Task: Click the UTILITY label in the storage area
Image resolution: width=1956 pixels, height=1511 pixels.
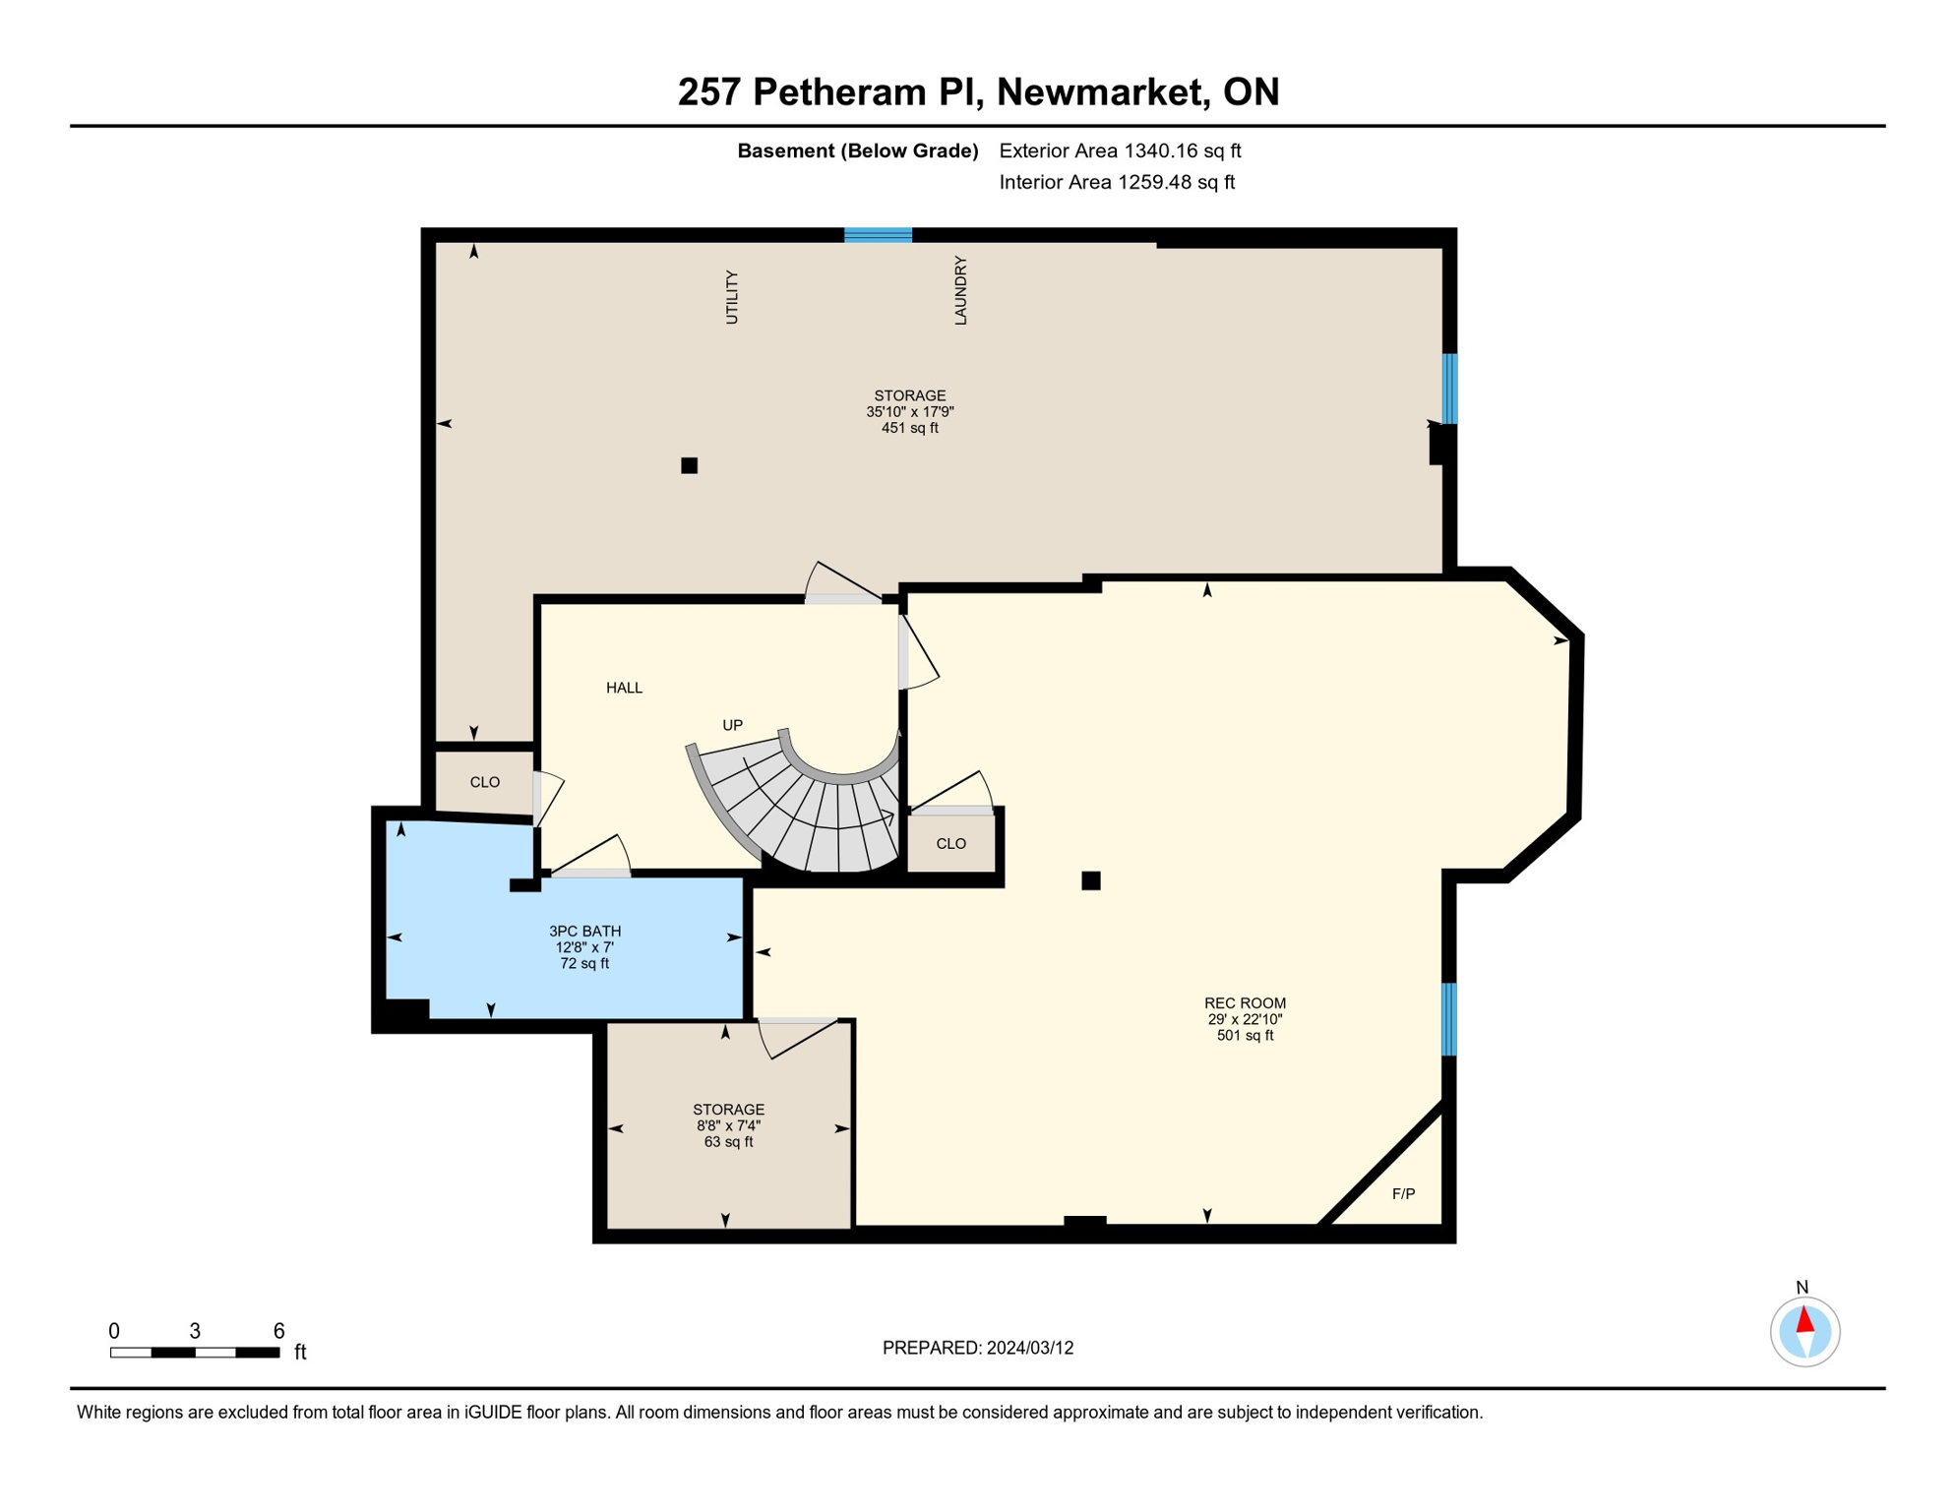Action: pyautogui.click(x=732, y=297)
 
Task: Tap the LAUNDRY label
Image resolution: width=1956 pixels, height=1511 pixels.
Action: pyautogui.click(x=961, y=290)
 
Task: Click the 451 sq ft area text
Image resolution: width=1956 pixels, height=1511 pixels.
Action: pyautogui.click(x=909, y=428)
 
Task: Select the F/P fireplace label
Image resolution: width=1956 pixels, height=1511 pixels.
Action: pyautogui.click(x=1403, y=1194)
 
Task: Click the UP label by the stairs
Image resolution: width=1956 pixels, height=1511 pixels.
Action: pyautogui.click(x=732, y=725)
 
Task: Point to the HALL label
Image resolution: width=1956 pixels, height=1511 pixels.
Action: pyautogui.click(x=624, y=688)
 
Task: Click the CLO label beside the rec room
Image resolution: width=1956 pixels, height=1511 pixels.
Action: pyautogui.click(x=950, y=844)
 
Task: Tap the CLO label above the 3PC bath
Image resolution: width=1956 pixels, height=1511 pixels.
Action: pyautogui.click(x=484, y=782)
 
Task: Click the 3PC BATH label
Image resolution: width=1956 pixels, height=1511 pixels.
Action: pyautogui.click(x=584, y=931)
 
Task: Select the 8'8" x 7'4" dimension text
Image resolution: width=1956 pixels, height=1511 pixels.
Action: pyautogui.click(x=728, y=1125)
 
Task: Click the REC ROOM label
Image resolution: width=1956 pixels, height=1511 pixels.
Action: pyautogui.click(x=1245, y=1003)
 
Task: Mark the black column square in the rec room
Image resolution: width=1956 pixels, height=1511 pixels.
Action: pyautogui.click(x=1090, y=880)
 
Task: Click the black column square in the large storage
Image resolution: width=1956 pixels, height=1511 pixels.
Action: pyautogui.click(x=689, y=465)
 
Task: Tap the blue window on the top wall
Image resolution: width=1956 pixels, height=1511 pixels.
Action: pyautogui.click(x=878, y=235)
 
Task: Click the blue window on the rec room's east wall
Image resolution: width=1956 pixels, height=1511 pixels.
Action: pyautogui.click(x=1448, y=1019)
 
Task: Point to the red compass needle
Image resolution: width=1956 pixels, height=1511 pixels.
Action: pyautogui.click(x=1804, y=1319)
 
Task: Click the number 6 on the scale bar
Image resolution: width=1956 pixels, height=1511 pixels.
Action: pyautogui.click(x=278, y=1331)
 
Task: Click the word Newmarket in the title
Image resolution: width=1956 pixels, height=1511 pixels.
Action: pyautogui.click(x=1102, y=91)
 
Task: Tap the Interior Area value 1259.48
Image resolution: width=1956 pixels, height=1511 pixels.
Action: pyautogui.click(x=1152, y=182)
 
